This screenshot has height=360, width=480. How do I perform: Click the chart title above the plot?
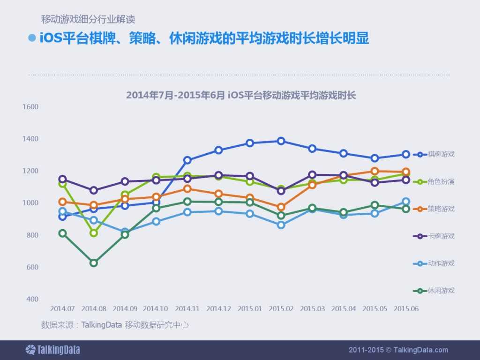point(241,95)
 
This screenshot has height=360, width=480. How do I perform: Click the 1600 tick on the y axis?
point(30,107)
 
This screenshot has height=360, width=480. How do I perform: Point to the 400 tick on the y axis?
point(32,299)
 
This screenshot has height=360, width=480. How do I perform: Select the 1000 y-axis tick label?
point(30,203)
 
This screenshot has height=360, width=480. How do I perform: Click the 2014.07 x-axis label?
point(62,309)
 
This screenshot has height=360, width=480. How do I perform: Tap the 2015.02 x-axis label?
point(281,309)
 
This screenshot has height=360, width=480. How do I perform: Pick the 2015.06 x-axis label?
point(406,309)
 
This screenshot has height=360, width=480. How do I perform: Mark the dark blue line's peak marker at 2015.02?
point(281,141)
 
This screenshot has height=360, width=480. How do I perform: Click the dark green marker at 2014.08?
point(94,263)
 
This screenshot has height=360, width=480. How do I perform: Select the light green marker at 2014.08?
point(94,233)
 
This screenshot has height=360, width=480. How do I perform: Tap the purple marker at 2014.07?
point(62,179)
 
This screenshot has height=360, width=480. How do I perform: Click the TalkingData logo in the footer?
point(52,350)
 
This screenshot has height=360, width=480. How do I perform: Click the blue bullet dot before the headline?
point(32,38)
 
